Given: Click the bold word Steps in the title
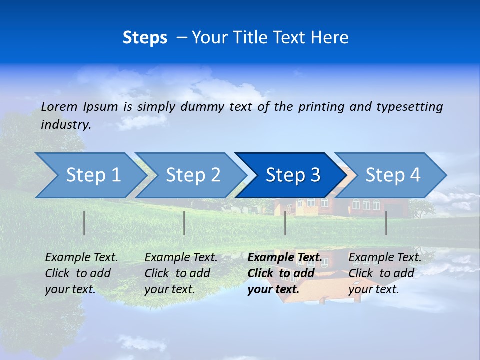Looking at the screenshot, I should pos(145,38).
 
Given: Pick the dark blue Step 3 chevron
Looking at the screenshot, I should pos(293,175).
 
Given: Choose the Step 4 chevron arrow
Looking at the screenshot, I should pos(393,175).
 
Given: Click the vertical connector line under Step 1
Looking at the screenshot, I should pos(84,223).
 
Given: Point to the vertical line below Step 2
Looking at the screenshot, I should pos(184,223).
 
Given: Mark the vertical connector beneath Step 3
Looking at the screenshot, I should pos(285,223).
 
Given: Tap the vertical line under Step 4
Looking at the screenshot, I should pos(386,223).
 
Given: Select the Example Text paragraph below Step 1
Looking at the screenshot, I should pos(81,273).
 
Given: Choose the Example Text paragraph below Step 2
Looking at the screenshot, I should pos(181,273).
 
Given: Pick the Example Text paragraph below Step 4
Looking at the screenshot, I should pos(385,273).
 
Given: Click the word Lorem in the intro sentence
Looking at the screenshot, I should pos(59,106).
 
